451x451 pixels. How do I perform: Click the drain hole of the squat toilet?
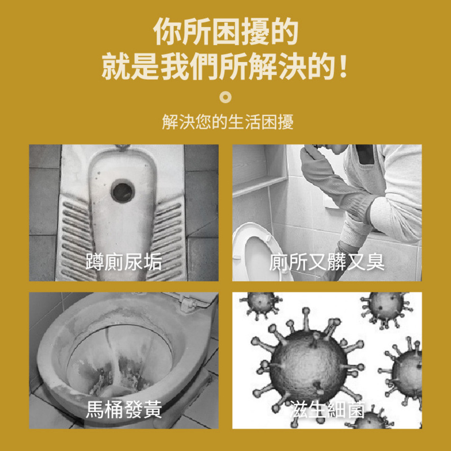click(x=123, y=190)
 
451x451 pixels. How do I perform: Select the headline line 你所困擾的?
click(x=225, y=32)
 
